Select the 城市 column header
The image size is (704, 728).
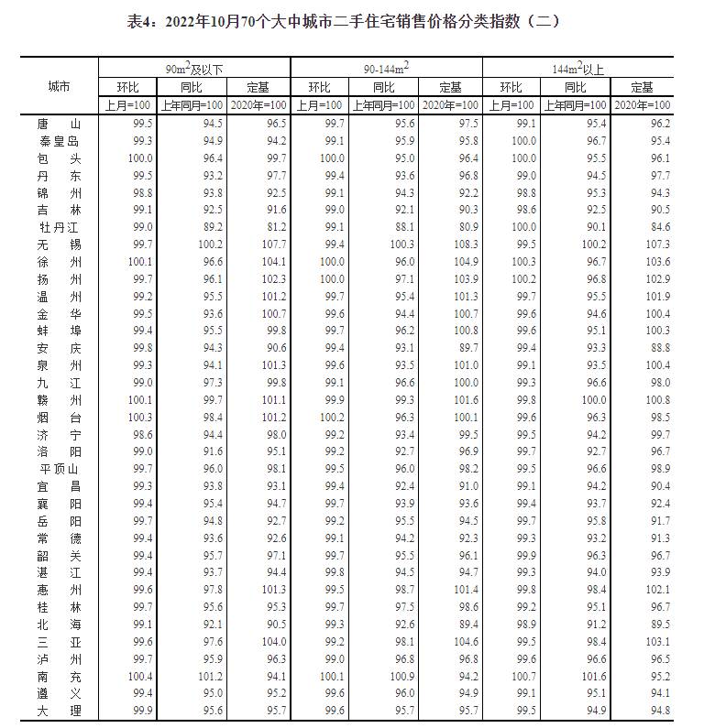[60, 86]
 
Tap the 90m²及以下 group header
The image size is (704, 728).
[194, 69]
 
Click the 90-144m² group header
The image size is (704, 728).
[385, 69]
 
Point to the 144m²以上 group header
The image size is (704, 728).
[577, 69]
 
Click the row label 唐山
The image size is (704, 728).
[60, 124]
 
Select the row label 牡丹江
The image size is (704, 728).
[60, 227]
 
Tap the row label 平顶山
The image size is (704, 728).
[60, 468]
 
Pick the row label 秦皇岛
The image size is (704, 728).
[60, 141]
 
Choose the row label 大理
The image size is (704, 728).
[60, 711]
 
